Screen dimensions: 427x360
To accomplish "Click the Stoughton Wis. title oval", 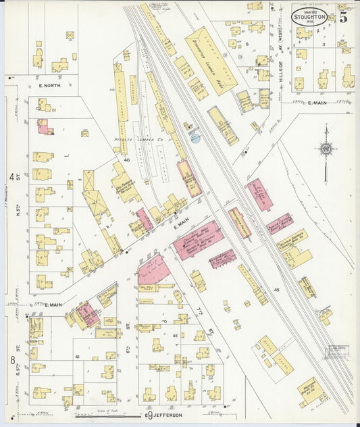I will click(x=311, y=16).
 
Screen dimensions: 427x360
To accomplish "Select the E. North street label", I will click(x=49, y=86).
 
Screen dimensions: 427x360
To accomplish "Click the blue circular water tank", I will click(x=195, y=138).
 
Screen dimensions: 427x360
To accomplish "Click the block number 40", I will click(x=126, y=160).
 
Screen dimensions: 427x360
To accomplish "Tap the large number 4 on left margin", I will click(x=11, y=176).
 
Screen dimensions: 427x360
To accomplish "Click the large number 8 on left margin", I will click(x=12, y=359).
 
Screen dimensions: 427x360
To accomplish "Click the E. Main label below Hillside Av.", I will click(x=317, y=103).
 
